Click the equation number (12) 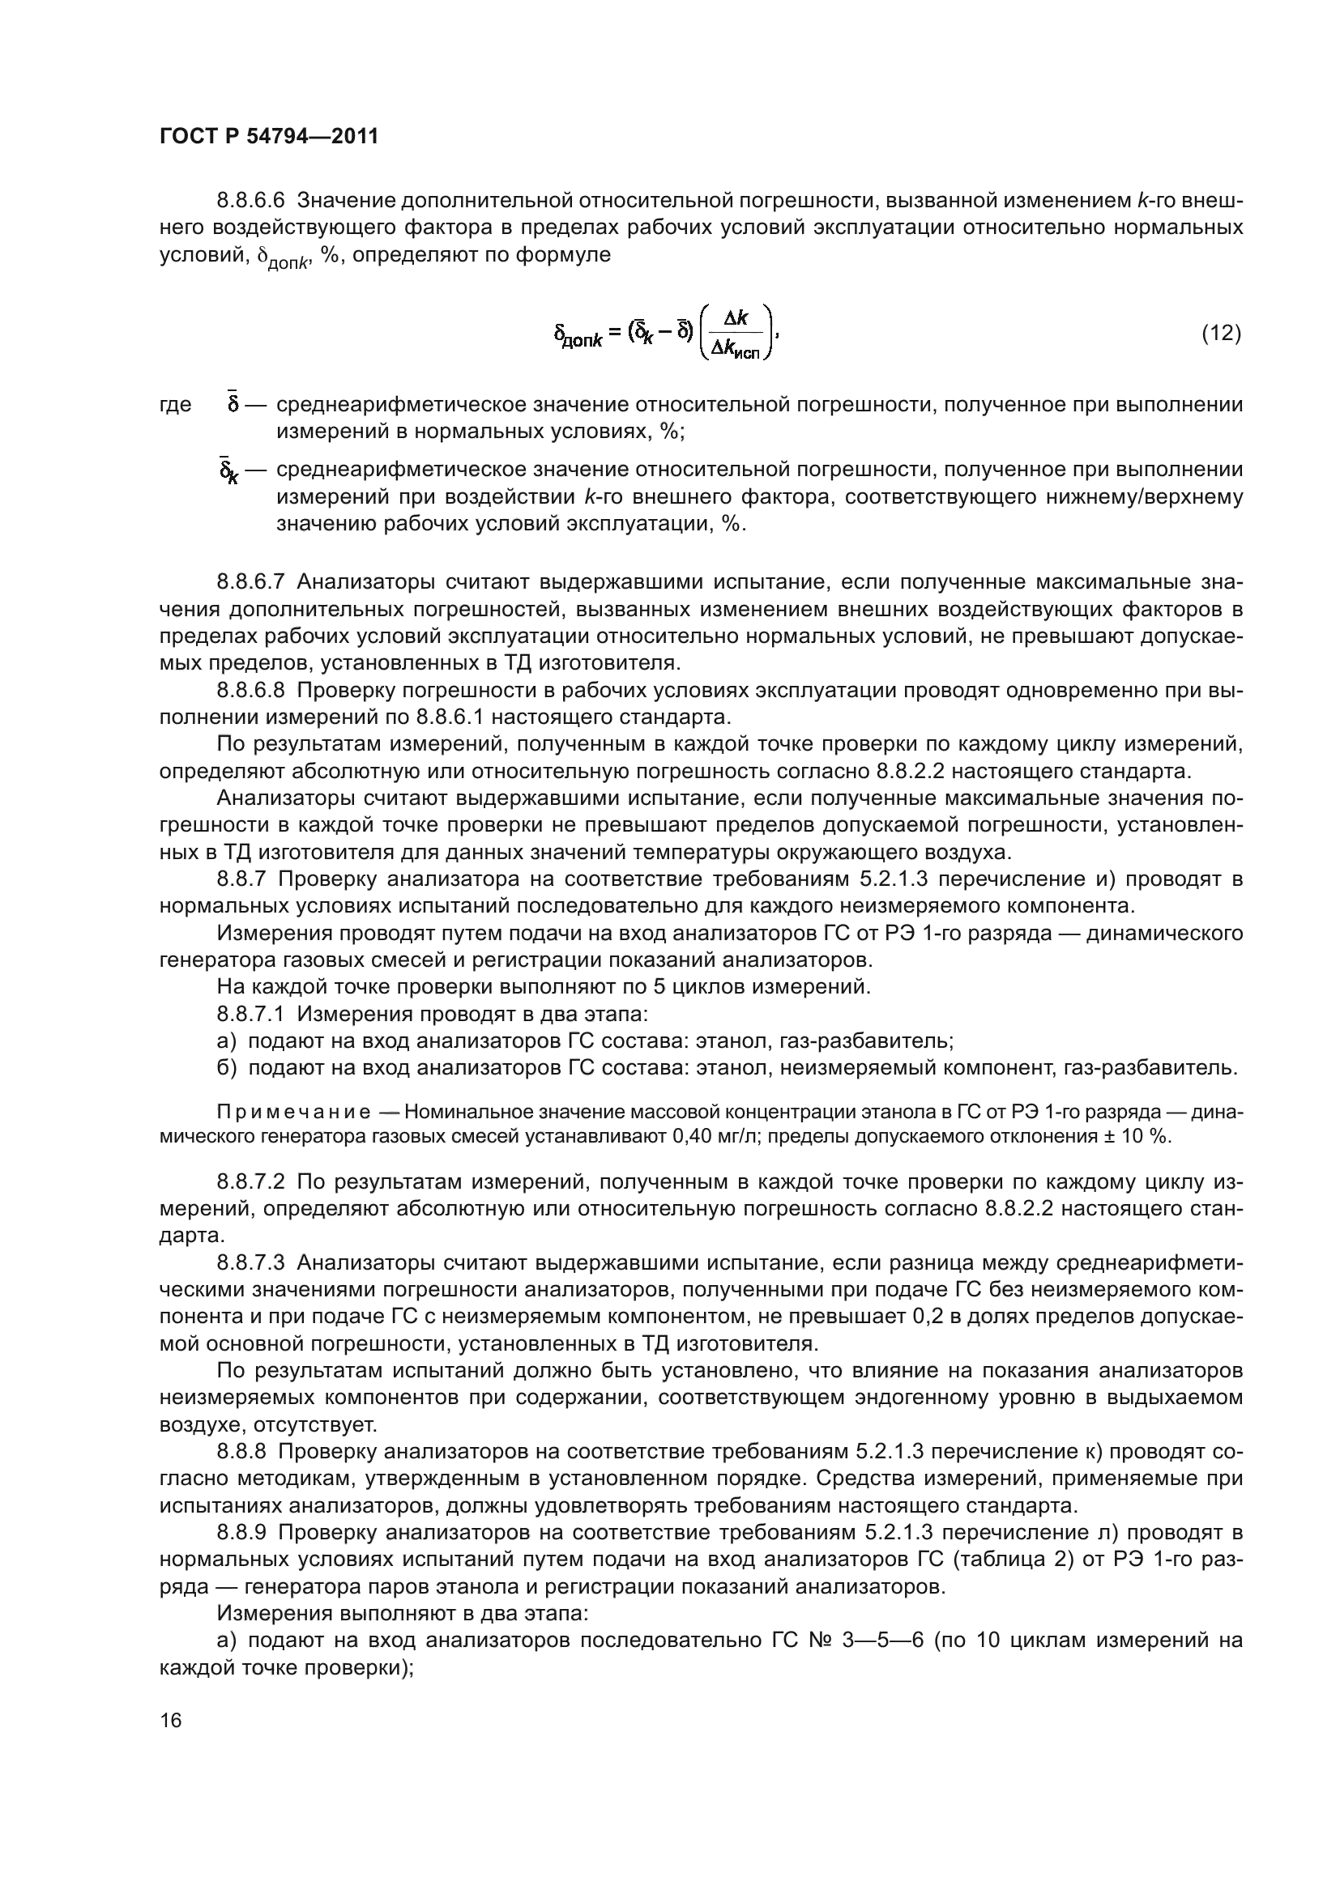1219,333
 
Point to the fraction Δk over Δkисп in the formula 734,334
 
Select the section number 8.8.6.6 250,201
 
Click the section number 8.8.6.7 250,582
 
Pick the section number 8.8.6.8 250,691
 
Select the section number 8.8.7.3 250,1263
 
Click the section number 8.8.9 241,1533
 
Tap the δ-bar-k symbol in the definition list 228,471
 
